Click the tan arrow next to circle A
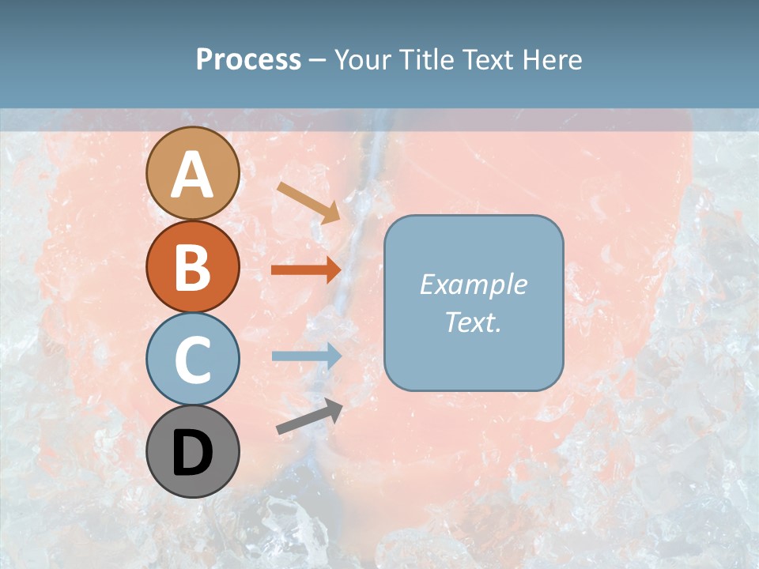point(308,202)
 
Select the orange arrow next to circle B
point(306,270)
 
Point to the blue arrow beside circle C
point(306,356)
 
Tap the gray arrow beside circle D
point(309,416)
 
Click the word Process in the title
point(248,60)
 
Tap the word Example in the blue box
point(473,284)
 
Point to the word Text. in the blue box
point(473,322)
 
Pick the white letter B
point(193,267)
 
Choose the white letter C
point(193,360)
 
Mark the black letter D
point(193,453)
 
